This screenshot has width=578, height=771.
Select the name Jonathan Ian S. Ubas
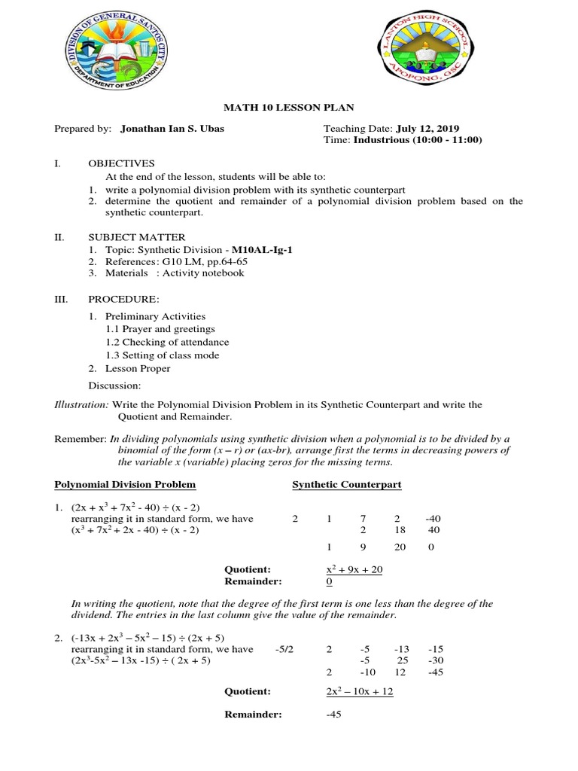172,129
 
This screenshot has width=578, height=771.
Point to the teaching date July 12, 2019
427,129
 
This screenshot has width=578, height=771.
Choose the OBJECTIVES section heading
121,163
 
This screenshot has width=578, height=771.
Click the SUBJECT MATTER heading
136,237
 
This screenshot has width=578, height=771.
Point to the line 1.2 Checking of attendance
167,343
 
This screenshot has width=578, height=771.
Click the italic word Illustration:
81,405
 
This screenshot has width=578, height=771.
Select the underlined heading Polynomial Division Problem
125,484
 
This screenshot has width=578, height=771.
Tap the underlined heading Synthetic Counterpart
346,484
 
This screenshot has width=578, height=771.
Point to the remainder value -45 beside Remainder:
334,715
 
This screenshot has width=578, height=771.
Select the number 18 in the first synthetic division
399,530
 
